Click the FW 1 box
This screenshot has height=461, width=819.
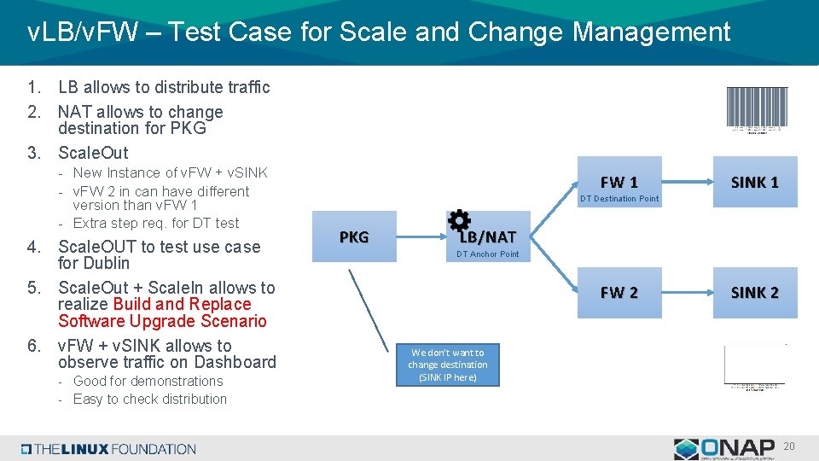click(619, 182)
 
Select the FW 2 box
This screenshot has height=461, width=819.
click(619, 292)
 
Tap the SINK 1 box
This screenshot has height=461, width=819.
click(754, 182)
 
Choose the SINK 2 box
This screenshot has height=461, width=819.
click(754, 292)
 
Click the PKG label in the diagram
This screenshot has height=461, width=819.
click(354, 236)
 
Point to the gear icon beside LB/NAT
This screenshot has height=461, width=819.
click(459, 220)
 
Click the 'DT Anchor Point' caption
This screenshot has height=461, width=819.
click(487, 254)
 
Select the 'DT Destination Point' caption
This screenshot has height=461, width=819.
click(619, 199)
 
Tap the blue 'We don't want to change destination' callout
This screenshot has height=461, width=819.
click(447, 365)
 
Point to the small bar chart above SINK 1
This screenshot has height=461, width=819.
click(757, 109)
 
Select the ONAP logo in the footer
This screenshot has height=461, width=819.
click(724, 449)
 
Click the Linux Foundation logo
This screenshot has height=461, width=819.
click(108, 449)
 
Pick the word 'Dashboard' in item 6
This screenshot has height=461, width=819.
click(235, 362)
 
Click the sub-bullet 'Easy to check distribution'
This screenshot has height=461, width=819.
click(150, 399)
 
